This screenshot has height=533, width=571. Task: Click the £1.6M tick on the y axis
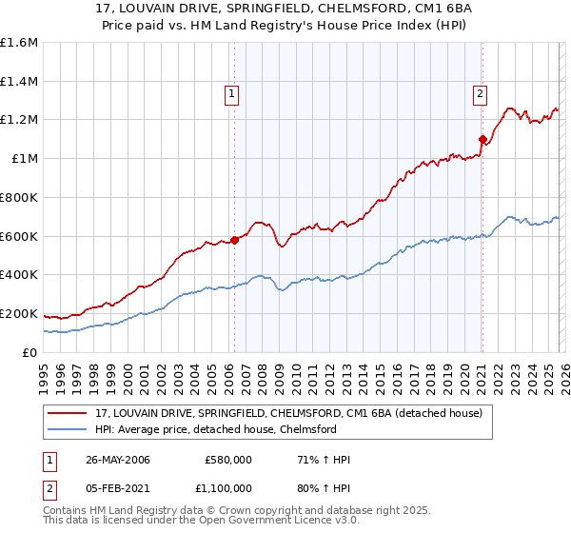coord(20,43)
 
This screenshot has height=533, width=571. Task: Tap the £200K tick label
coord(19,313)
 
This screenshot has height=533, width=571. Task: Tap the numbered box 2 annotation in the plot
coord(481,93)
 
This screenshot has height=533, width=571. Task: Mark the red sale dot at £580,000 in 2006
coord(234,240)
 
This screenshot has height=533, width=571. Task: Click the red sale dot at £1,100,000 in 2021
coord(482,139)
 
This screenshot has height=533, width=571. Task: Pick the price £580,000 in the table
coord(227,459)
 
